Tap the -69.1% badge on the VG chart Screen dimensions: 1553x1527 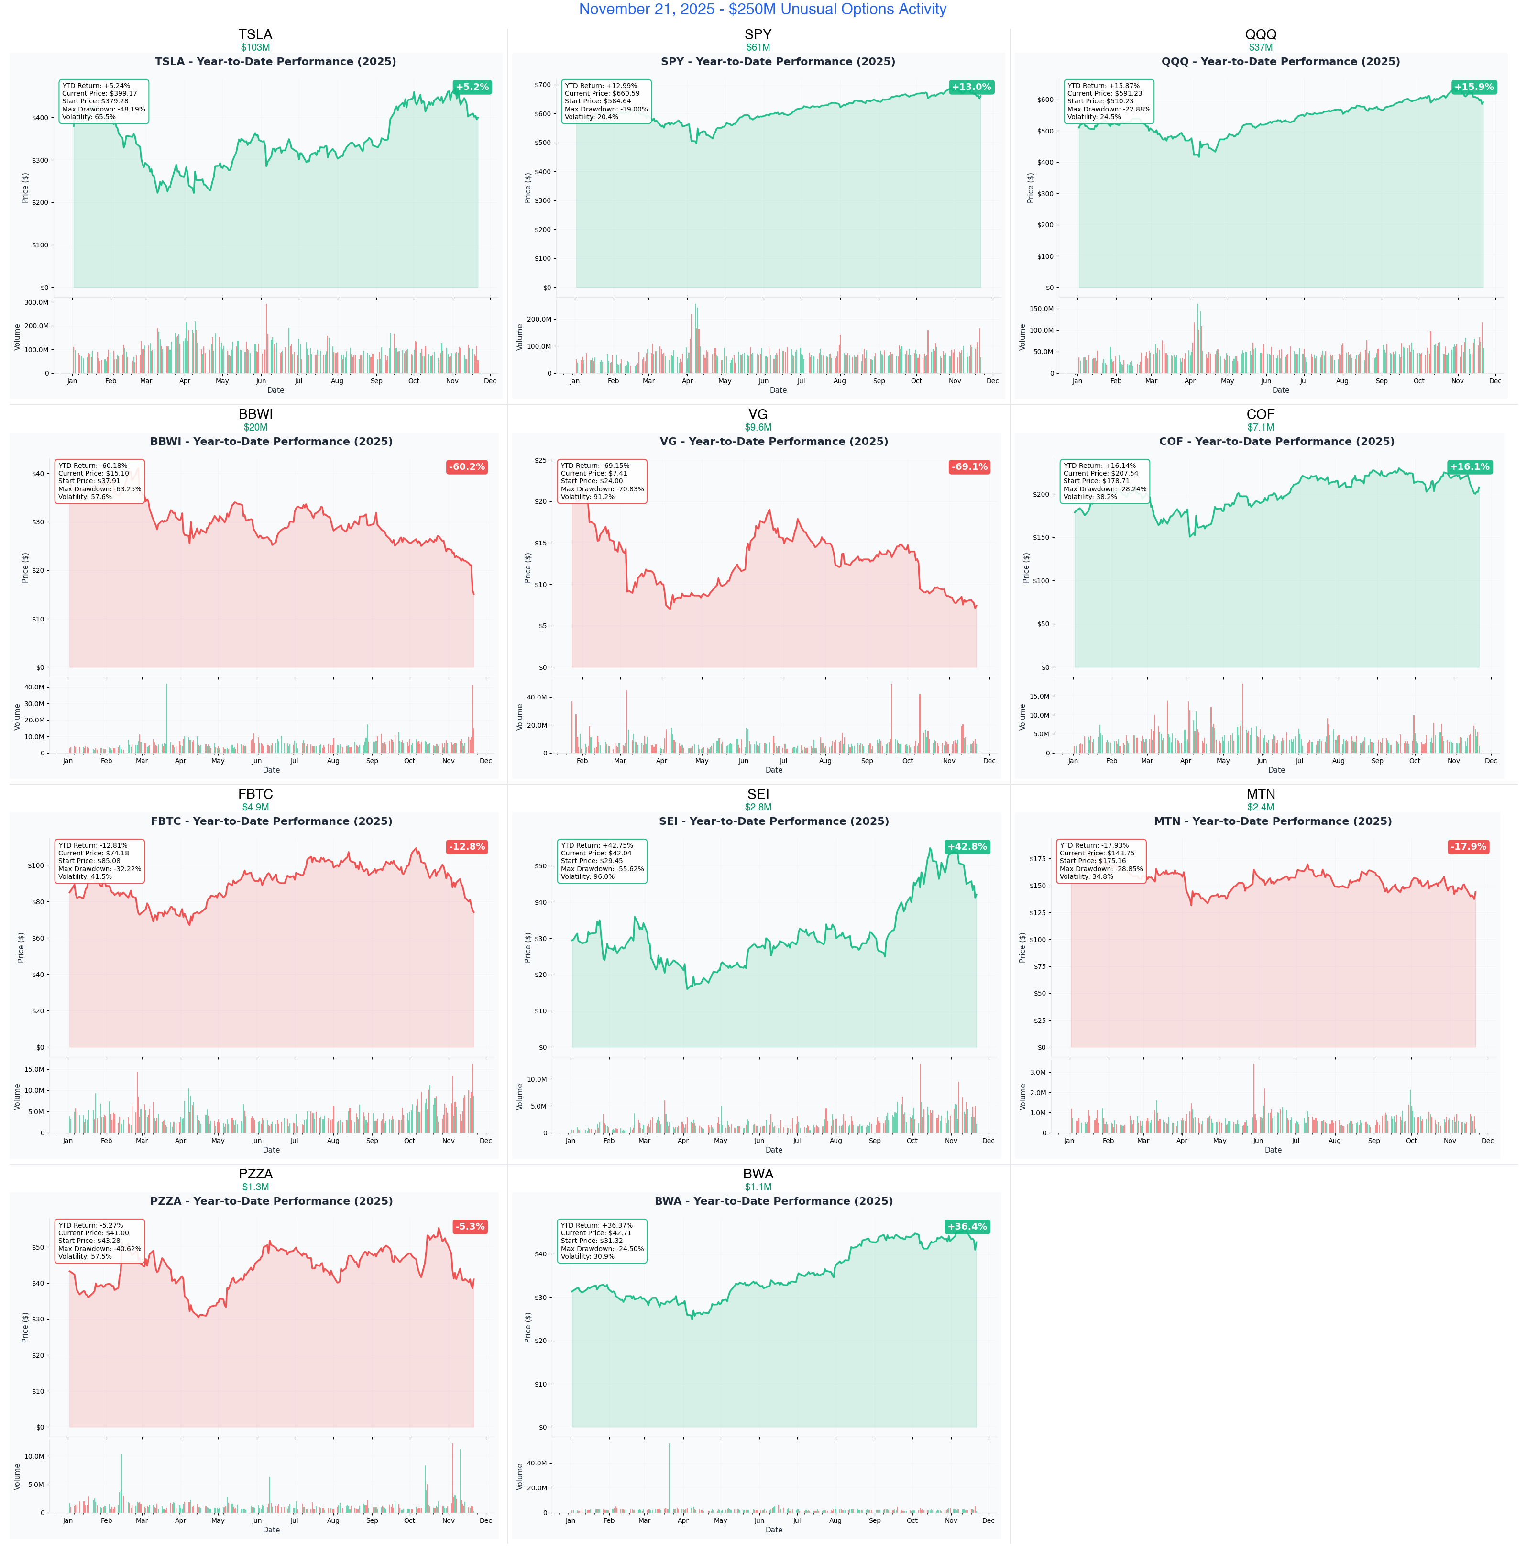(969, 467)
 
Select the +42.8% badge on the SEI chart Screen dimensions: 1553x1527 (967, 846)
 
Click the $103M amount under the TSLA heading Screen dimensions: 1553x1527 (255, 47)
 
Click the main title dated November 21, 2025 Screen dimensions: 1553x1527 (763, 10)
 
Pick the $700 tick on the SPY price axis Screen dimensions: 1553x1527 (542, 84)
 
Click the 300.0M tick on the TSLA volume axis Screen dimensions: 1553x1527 (36, 302)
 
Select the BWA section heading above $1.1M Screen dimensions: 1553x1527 (758, 1174)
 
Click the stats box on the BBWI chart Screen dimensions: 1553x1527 (99, 481)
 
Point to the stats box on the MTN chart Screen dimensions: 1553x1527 (1101, 861)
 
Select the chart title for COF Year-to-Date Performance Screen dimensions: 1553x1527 (1276, 441)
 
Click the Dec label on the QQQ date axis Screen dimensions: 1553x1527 (1495, 381)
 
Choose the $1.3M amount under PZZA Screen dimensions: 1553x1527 (255, 1187)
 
